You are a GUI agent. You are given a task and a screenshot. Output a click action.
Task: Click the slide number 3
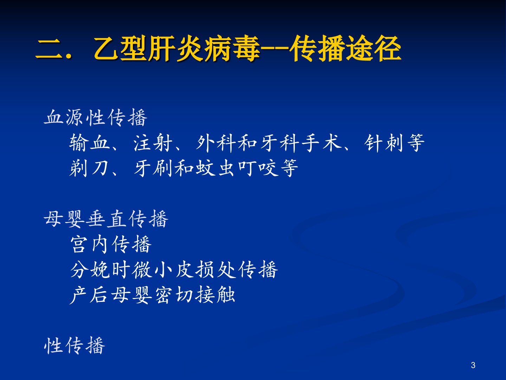pyautogui.click(x=473, y=365)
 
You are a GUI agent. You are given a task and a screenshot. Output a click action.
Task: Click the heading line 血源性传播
pyautogui.click(x=96, y=118)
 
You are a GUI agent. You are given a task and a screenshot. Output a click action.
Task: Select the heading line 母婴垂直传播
pyautogui.click(x=106, y=219)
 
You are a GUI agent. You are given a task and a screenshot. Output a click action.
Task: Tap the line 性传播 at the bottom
pyautogui.click(x=74, y=346)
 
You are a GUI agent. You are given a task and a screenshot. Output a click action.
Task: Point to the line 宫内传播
pyautogui.click(x=111, y=244)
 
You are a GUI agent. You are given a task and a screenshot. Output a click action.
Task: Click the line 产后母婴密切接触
pyautogui.click(x=153, y=295)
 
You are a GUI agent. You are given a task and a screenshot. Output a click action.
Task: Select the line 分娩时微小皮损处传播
pyautogui.click(x=174, y=270)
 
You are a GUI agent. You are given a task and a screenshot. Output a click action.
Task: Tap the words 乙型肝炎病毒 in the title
pyautogui.click(x=177, y=49)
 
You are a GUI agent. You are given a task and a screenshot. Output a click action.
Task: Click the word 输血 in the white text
pyautogui.click(x=90, y=143)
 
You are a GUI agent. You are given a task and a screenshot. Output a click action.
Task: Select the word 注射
pyautogui.click(x=153, y=143)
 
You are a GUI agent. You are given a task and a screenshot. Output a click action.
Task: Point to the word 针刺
pyautogui.click(x=384, y=143)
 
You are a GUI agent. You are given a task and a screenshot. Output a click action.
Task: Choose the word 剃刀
pyautogui.click(x=89, y=168)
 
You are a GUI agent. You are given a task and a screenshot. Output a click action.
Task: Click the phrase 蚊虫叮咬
pyautogui.click(x=237, y=168)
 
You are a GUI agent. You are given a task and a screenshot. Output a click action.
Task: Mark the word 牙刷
pyautogui.click(x=153, y=168)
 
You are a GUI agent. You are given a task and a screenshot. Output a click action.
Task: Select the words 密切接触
pyautogui.click(x=195, y=295)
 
